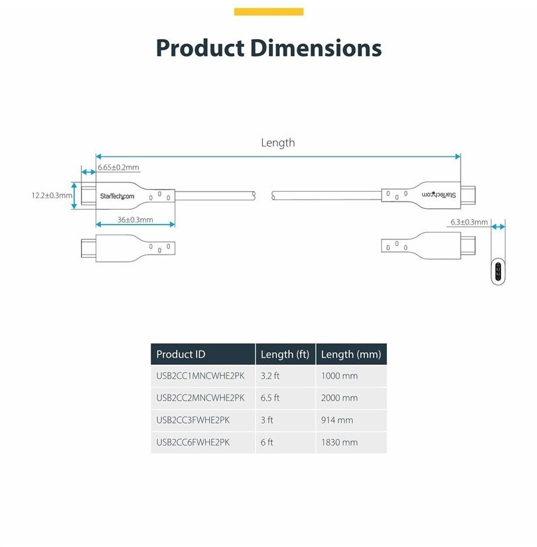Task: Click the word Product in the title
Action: (200, 48)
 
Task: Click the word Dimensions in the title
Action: (316, 48)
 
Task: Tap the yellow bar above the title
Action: (268, 12)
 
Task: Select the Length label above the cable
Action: (278, 143)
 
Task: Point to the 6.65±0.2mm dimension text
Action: (118, 168)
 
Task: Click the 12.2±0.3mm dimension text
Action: (52, 196)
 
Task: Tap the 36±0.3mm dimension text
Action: (135, 219)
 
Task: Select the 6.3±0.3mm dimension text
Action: (469, 222)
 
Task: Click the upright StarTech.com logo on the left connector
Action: (117, 196)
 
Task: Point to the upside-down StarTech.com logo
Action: (439, 195)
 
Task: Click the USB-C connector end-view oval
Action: (498, 271)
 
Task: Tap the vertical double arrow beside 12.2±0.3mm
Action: (74, 196)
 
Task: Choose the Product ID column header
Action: (181, 355)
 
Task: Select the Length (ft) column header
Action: (285, 355)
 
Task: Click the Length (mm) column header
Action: (351, 355)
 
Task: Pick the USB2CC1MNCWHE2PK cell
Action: (200, 376)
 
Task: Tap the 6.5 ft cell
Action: (270, 398)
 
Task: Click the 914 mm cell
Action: (337, 420)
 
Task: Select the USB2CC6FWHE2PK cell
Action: (193, 442)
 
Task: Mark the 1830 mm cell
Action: (339, 442)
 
